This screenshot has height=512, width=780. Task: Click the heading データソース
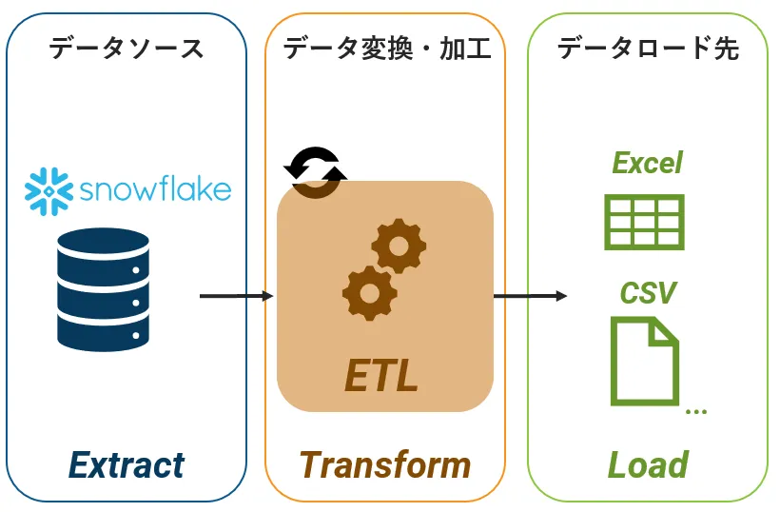tap(126, 49)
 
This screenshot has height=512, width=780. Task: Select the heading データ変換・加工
tap(387, 49)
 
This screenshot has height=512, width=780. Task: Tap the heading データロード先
tap(648, 49)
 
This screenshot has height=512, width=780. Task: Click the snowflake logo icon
tap(49, 191)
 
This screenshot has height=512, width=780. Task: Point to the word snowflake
tap(155, 189)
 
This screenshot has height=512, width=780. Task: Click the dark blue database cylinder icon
tap(103, 289)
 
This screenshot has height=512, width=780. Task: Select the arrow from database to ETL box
tap(237, 296)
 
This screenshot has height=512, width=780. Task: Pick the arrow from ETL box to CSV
tap(530, 296)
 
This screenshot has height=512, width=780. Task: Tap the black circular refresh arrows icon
tap(316, 172)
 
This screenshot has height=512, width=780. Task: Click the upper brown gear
tap(399, 246)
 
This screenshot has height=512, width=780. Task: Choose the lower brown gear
tap(370, 293)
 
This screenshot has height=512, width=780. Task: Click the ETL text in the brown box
tap(381, 376)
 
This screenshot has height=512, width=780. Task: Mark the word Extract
tap(127, 465)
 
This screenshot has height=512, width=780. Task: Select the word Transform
tap(385, 465)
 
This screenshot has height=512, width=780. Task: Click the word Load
tap(648, 464)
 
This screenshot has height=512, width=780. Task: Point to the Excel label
tap(647, 163)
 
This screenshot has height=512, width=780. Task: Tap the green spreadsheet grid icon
tap(644, 222)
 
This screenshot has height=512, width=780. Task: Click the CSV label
tap(648, 292)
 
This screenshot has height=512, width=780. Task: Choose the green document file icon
tap(645, 362)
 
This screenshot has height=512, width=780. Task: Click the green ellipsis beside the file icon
tap(696, 411)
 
